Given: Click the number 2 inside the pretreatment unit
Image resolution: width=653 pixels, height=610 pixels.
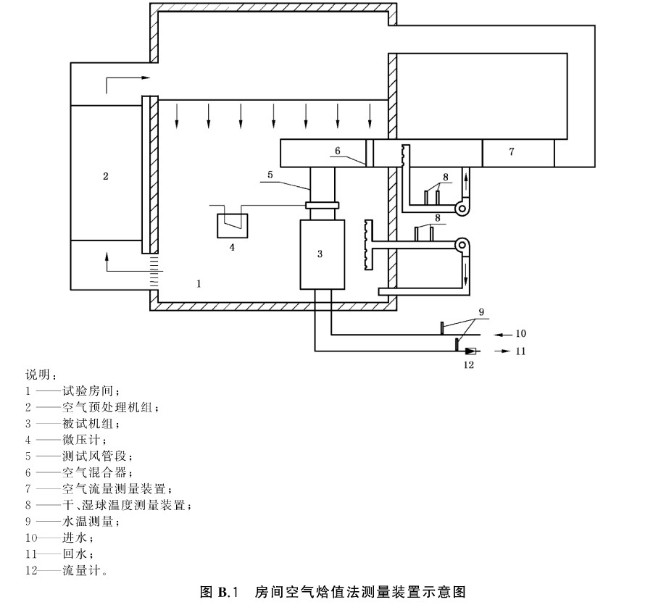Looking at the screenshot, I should pos(106,175).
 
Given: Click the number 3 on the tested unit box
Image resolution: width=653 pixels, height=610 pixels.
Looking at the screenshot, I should pos(320,253).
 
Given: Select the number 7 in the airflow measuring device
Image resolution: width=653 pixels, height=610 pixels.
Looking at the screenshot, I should pos(512,151).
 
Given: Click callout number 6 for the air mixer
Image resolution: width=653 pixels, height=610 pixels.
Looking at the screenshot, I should pos(336,151).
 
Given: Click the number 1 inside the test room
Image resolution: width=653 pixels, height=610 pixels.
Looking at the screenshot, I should pos(199,283).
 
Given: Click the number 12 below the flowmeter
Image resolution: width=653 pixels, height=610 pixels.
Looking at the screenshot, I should pos(469,364).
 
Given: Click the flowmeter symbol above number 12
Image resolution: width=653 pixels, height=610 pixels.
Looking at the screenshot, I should pos(470,351).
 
